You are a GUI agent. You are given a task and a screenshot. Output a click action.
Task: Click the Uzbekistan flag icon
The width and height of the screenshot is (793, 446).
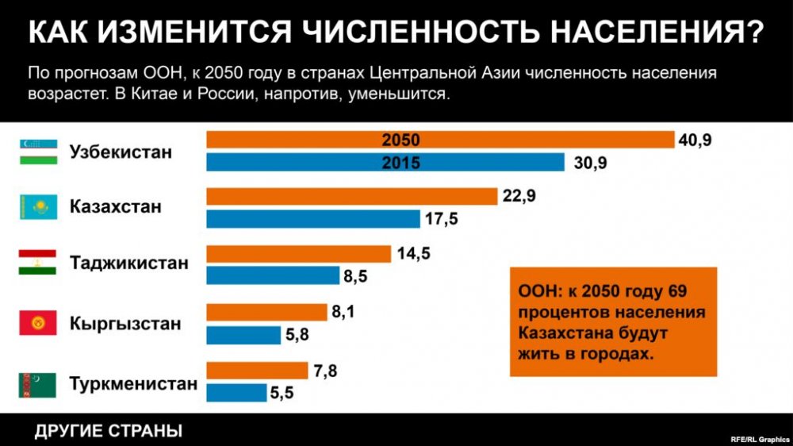(x=37, y=152)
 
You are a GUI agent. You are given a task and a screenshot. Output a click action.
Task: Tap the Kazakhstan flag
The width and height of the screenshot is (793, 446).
(x=37, y=207)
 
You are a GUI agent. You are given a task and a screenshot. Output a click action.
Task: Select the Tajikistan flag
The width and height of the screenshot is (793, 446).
(x=37, y=262)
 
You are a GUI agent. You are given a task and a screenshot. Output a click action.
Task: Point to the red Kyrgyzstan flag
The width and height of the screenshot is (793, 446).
(x=37, y=324)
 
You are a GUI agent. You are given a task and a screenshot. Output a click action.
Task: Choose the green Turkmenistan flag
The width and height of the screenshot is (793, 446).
(x=37, y=385)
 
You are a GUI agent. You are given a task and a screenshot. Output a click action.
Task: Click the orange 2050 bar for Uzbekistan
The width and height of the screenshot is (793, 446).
(x=440, y=140)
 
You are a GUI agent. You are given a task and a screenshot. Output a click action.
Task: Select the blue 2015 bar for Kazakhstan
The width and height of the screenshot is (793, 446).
(x=312, y=219)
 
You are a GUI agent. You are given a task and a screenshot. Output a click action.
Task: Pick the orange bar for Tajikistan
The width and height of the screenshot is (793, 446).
(x=298, y=254)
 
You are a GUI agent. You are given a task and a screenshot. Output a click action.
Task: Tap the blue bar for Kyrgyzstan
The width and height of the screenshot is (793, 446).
(x=243, y=336)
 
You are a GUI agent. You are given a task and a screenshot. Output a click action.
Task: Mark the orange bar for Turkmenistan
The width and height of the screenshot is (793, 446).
(x=257, y=371)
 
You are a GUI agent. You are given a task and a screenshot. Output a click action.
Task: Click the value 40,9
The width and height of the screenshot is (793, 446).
(x=695, y=140)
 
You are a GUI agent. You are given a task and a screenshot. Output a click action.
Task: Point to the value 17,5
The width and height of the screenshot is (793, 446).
(x=442, y=220)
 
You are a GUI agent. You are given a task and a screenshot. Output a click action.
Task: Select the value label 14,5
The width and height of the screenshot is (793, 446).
(x=413, y=254)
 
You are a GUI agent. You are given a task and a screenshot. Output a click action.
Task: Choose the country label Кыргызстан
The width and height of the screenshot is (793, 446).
(x=125, y=324)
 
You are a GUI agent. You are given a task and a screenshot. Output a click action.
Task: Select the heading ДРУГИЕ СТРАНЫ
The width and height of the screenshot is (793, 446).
(x=109, y=432)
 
